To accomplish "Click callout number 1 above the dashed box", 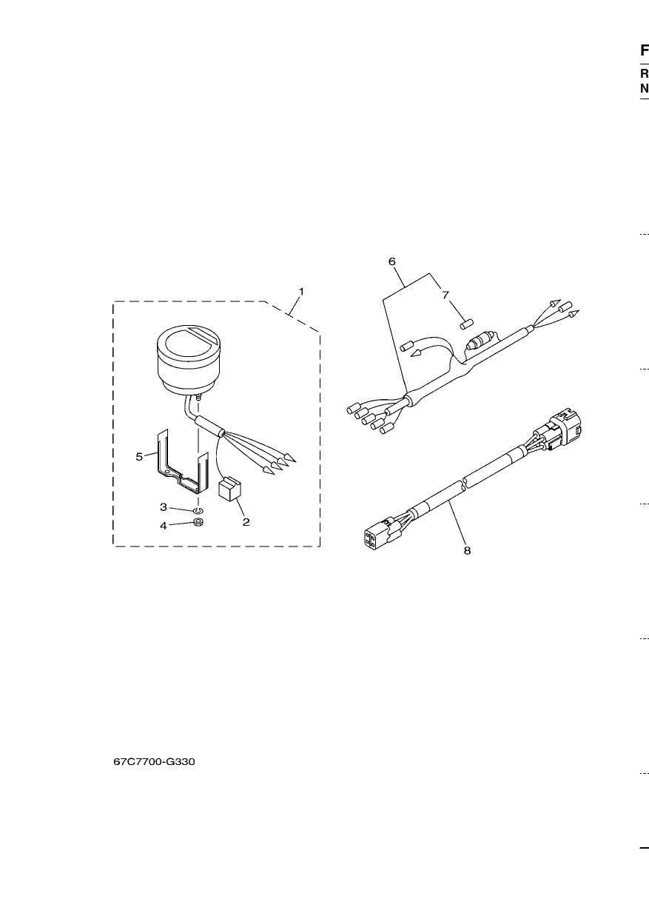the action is click(x=301, y=292).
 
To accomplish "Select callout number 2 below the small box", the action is click(x=246, y=522).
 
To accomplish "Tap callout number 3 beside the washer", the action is click(x=164, y=507).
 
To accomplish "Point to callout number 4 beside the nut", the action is click(x=164, y=526).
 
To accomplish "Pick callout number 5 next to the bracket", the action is click(x=139, y=457).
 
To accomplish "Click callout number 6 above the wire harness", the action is click(x=392, y=261).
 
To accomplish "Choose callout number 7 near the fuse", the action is click(x=445, y=295).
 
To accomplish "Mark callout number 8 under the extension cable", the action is click(x=468, y=550).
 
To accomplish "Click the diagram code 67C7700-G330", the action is click(x=154, y=762).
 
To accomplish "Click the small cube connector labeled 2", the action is click(x=229, y=488).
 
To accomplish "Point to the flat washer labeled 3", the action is click(x=198, y=511).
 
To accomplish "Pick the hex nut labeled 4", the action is click(x=199, y=523).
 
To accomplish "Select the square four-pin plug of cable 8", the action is click(x=373, y=536).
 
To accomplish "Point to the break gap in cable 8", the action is click(x=464, y=483).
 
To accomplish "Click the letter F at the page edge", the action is click(x=645, y=50).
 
